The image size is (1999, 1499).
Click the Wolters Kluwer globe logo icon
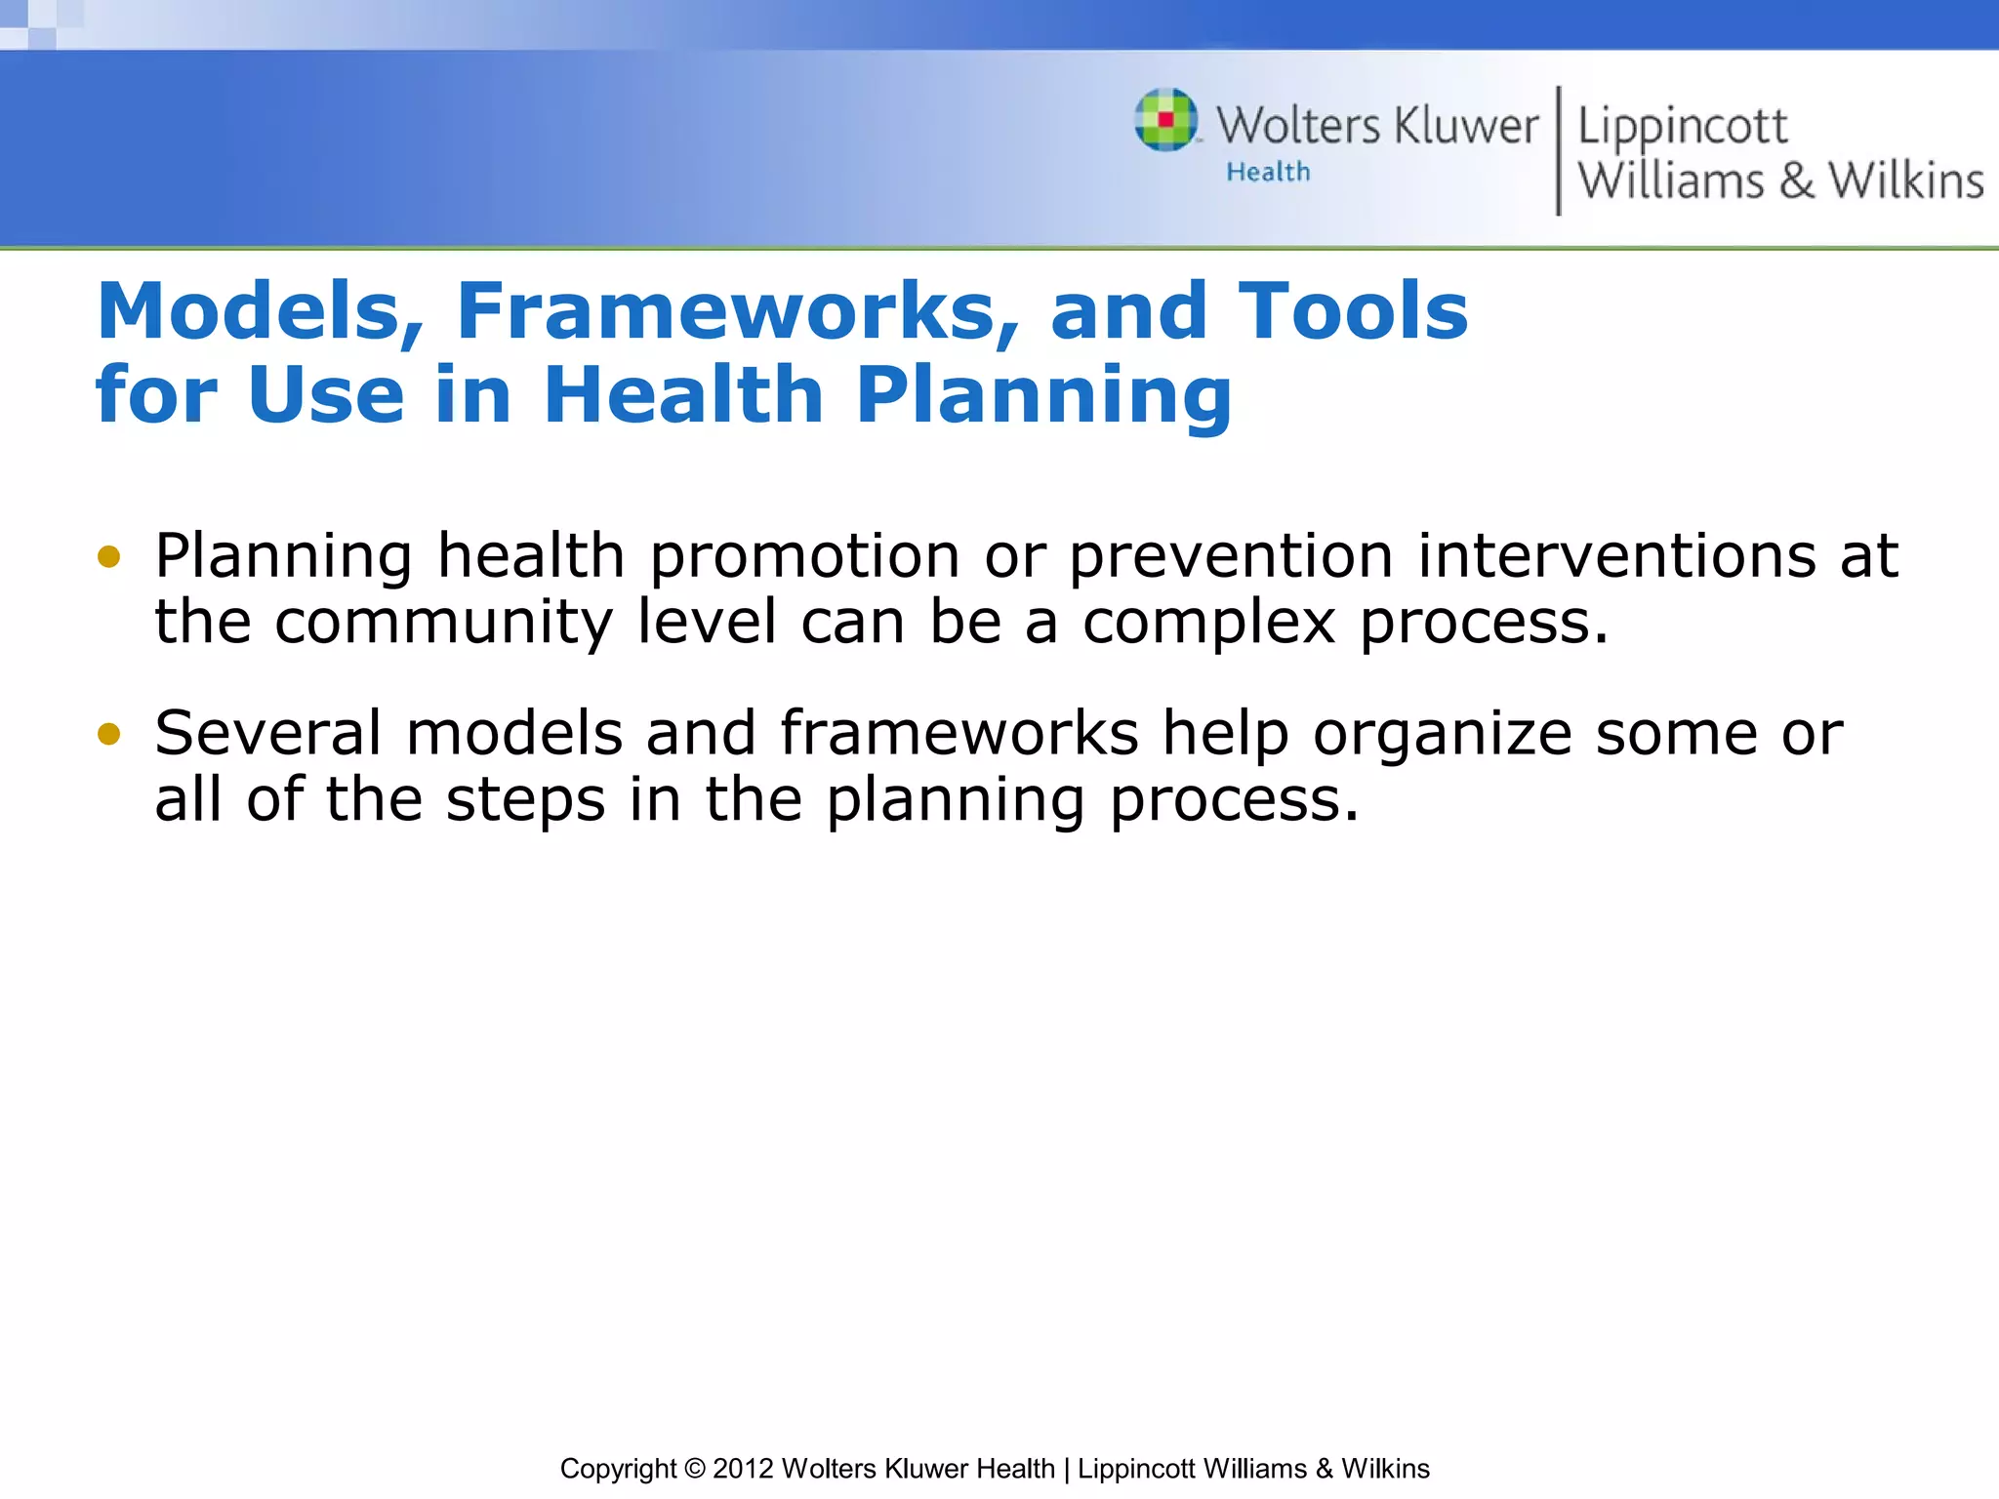click(x=1165, y=120)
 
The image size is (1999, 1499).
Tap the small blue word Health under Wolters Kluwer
click(x=1268, y=173)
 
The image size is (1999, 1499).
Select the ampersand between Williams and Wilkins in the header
click(x=1796, y=182)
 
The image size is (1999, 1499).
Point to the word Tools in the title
click(x=1353, y=311)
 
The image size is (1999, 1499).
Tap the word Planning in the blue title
click(x=1043, y=395)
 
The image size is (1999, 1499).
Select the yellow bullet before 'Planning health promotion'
click(x=109, y=557)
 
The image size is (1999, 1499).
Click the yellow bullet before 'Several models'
click(x=109, y=734)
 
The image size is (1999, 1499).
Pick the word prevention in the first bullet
click(x=1231, y=557)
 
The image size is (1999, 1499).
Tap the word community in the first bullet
click(x=443, y=624)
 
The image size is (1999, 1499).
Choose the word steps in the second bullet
click(x=525, y=801)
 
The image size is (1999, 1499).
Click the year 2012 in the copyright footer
click(x=743, y=1469)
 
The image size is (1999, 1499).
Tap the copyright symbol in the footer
click(x=694, y=1469)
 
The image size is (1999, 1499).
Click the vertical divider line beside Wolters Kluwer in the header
click(x=1558, y=150)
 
